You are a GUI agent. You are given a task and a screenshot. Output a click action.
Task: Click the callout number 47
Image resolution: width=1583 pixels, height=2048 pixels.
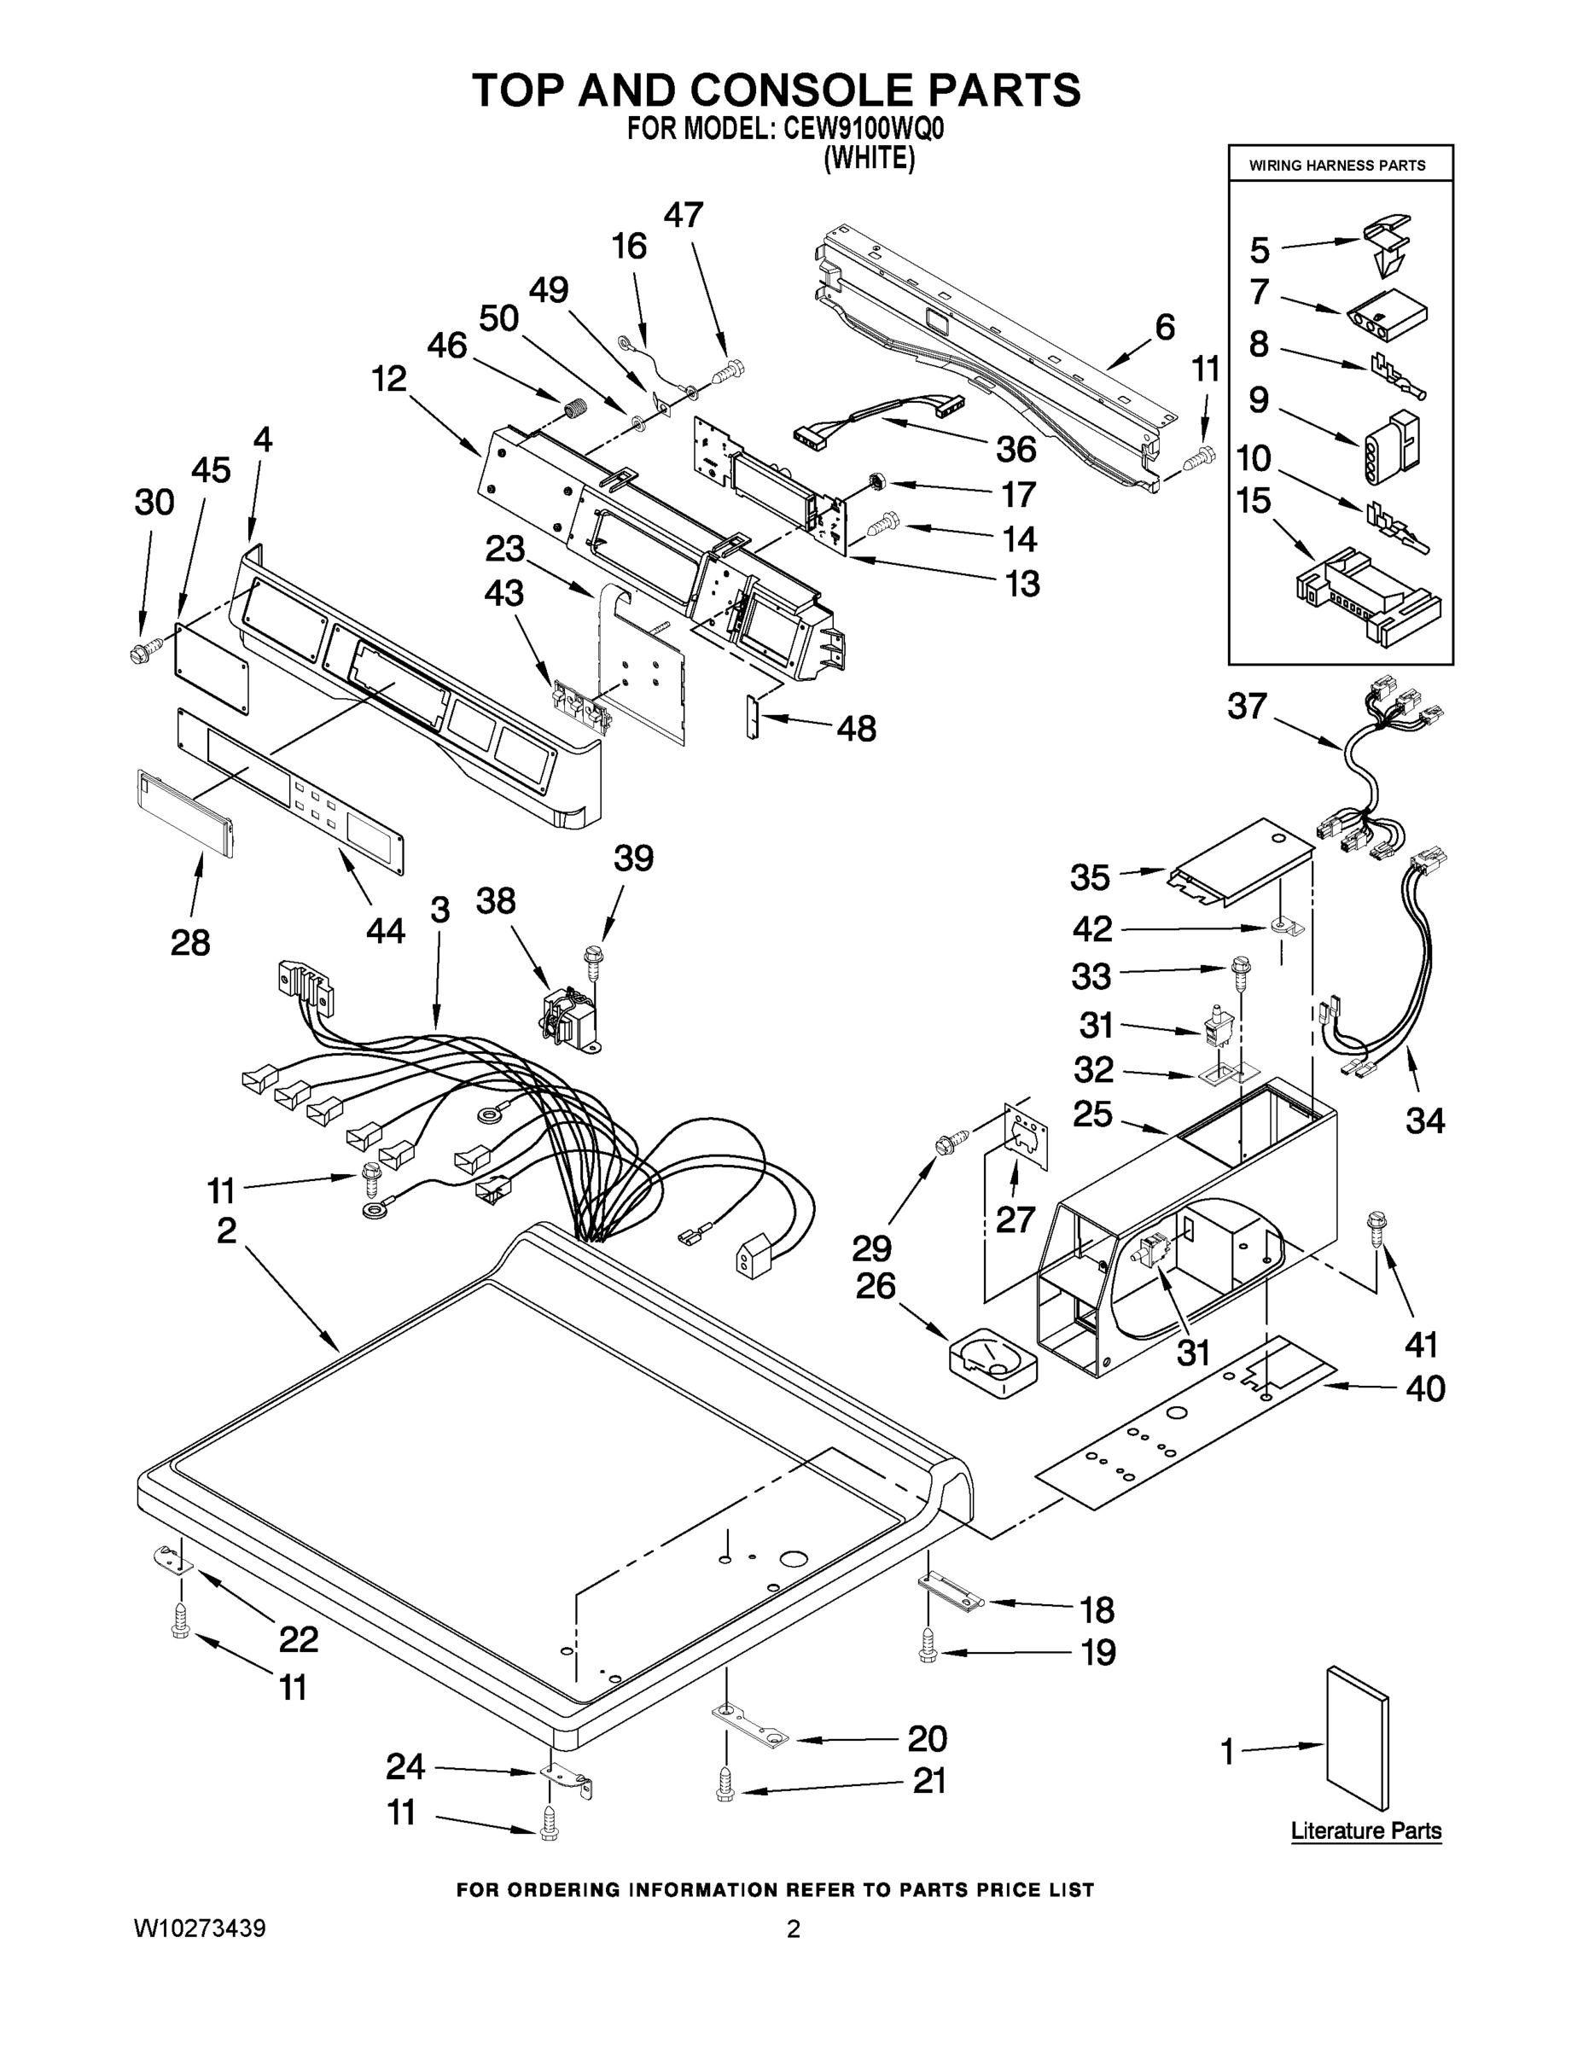point(683,216)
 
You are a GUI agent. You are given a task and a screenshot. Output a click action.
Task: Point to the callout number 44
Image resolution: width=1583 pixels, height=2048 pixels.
point(385,930)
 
